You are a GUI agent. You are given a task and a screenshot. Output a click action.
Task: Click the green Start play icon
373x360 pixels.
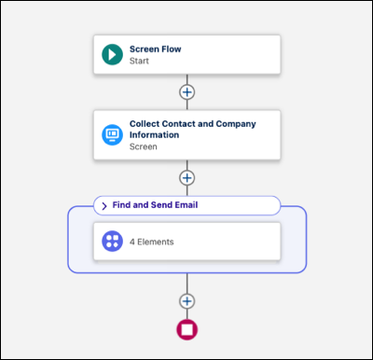112,54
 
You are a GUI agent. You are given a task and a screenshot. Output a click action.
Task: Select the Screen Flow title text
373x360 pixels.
155,49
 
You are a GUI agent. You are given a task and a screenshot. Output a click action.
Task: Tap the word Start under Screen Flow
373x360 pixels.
139,61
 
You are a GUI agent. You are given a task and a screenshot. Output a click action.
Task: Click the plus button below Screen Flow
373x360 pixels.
187,92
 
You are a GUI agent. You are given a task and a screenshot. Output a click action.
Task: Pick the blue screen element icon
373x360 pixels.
112,134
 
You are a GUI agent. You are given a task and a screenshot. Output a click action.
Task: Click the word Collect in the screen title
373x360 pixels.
145,124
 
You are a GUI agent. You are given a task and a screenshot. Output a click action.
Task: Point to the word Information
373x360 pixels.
154,135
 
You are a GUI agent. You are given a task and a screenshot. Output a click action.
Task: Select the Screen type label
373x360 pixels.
143,146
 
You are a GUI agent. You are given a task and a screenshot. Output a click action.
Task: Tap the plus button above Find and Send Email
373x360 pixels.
187,178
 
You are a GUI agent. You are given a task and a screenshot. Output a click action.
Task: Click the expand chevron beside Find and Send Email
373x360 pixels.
104,206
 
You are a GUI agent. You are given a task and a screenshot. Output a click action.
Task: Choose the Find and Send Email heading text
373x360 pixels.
155,205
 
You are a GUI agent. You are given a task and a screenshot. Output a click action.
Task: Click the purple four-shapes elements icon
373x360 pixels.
112,242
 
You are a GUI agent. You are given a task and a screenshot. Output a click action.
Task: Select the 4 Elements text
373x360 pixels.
151,242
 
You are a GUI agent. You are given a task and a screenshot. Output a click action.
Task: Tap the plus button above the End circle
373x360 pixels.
187,301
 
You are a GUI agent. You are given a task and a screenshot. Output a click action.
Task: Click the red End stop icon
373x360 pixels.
187,329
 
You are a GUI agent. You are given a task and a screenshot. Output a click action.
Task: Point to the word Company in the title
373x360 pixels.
236,124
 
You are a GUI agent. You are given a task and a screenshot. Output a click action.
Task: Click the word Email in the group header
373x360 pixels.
186,205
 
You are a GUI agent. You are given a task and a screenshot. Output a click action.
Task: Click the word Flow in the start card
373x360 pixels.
172,49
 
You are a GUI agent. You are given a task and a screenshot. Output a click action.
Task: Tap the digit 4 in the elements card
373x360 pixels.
132,242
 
